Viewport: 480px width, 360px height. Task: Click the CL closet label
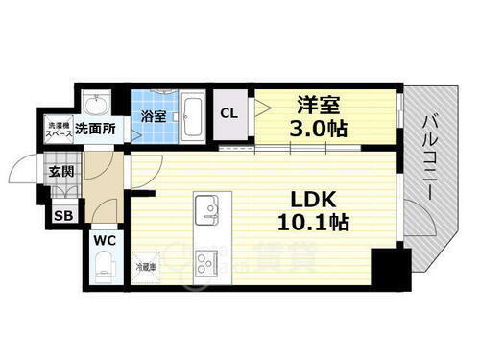click(231, 113)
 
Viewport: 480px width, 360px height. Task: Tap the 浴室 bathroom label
click(154, 116)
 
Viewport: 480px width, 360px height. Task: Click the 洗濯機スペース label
click(55, 127)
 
